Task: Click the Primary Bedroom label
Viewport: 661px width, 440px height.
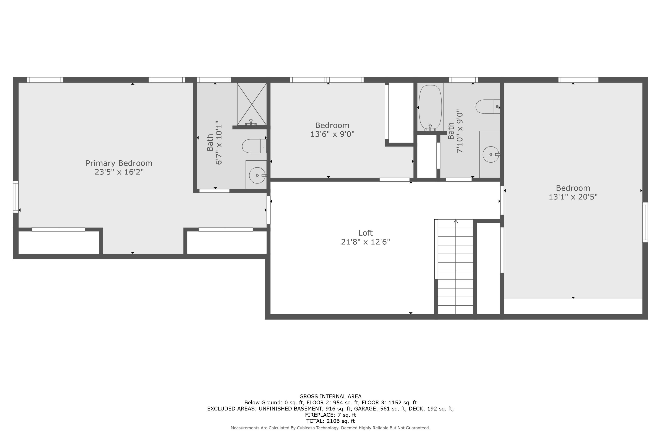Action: (119, 163)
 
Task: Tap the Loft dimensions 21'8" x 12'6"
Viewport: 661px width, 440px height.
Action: (365, 242)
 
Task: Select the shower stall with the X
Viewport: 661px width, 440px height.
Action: (252, 104)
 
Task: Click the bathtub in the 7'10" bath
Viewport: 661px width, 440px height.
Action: (430, 107)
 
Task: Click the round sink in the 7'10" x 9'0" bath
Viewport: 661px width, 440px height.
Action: (490, 154)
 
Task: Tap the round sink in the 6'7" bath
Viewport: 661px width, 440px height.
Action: (257, 175)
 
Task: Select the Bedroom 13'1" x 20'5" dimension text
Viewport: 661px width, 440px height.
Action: (573, 197)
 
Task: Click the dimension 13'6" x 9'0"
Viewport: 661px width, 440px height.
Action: (332, 134)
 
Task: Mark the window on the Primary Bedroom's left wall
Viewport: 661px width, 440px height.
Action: (16, 197)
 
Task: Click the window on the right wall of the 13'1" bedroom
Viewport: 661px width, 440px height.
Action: (645, 222)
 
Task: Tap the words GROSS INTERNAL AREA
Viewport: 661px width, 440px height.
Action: (330, 396)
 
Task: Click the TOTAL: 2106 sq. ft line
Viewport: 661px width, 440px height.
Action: (330, 421)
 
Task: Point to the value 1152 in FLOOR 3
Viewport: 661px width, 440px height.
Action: (395, 403)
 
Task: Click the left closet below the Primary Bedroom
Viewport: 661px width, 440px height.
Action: (58, 242)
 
